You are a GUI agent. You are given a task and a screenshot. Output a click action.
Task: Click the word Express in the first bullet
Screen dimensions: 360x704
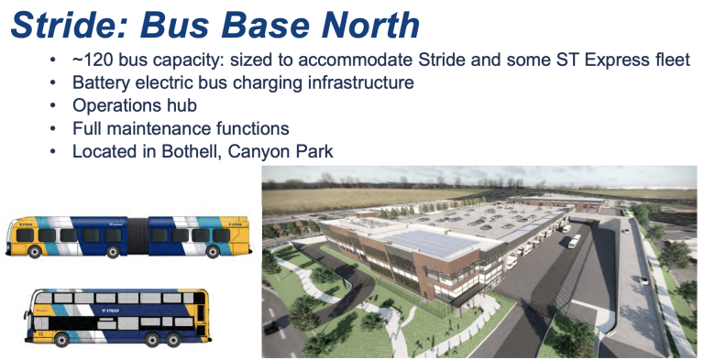[x=615, y=61]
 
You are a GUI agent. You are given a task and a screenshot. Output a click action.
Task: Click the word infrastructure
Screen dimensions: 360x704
[x=360, y=83]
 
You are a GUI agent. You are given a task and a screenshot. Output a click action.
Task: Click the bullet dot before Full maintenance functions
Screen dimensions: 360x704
[x=54, y=128]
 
